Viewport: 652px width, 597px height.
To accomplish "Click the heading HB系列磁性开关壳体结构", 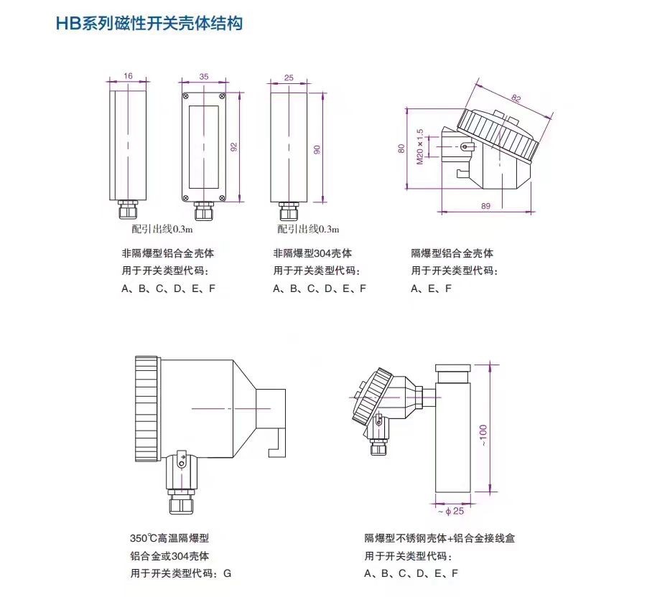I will pos(149,24).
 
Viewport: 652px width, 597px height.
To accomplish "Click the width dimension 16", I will pos(129,75).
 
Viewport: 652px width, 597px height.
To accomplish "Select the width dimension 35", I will pos(204,75).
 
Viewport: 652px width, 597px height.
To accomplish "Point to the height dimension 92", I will pos(234,146).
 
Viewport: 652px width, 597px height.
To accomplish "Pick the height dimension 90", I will pos(317,149).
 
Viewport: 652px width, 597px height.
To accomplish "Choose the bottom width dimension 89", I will pos(485,207).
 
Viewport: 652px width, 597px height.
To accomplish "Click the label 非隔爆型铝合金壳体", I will pos(167,253).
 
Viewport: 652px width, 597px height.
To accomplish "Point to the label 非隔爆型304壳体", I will pos(312,253).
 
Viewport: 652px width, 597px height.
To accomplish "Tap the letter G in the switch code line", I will pos(228,573).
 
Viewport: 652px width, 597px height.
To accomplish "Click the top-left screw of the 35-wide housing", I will pos(186,96).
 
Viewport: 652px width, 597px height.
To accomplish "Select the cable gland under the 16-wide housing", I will pos(129,212).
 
